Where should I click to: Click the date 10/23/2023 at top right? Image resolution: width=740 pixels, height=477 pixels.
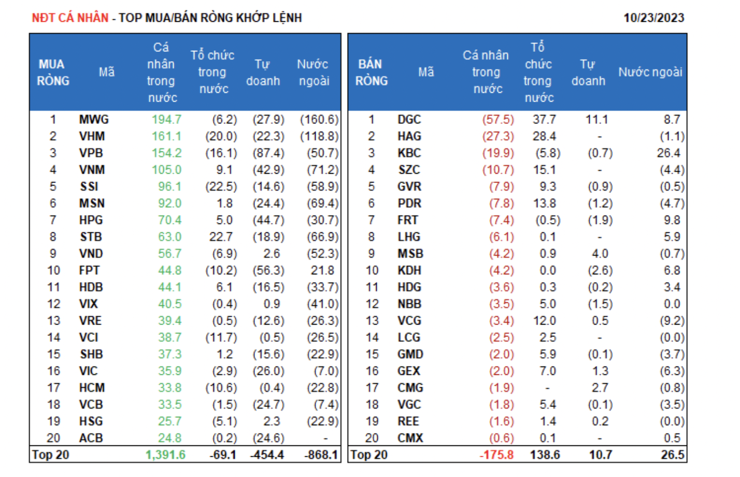[653, 18]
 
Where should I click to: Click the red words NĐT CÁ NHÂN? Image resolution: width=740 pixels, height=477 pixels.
[70, 18]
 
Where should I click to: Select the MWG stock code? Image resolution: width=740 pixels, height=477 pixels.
[94, 119]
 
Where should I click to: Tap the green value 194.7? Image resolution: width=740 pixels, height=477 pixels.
[166, 119]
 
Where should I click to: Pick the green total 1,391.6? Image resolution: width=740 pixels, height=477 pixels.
[165, 455]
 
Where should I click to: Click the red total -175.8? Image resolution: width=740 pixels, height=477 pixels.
[496, 455]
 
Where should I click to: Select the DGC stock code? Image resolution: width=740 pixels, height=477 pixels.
[409, 119]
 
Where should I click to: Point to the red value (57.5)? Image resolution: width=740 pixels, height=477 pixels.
[498, 119]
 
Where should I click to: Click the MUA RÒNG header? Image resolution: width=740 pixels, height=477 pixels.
[53, 73]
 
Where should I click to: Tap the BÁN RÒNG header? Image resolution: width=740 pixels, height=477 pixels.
[371, 73]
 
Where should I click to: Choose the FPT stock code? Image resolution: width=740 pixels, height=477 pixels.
[89, 270]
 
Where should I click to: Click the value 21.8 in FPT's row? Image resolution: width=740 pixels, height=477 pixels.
[322, 270]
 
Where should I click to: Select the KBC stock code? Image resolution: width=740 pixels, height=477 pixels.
[409, 153]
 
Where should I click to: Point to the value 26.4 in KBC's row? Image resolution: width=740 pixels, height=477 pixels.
[668, 153]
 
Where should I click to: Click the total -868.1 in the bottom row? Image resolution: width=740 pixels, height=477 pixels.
[321, 455]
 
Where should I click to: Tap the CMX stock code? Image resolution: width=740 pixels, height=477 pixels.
[410, 438]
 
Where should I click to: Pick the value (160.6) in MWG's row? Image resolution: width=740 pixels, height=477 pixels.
[319, 119]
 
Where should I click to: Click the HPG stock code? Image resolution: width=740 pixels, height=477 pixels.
[91, 220]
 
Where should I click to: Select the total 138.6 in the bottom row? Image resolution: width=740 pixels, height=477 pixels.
[545, 455]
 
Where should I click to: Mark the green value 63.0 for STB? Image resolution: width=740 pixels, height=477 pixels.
[169, 237]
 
